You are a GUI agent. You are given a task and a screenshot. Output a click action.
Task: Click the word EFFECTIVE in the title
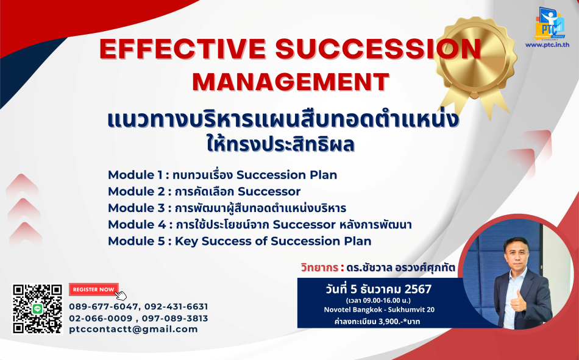(182, 49)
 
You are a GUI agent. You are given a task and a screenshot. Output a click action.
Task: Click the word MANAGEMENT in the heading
(291, 82)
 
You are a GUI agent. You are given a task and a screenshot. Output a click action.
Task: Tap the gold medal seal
(475, 65)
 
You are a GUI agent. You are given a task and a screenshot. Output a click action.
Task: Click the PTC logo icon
(550, 23)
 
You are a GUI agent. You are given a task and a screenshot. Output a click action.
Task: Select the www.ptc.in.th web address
(547, 44)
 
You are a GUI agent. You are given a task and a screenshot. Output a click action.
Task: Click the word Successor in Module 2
(269, 191)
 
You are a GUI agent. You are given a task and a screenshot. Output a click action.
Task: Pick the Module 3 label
(137, 208)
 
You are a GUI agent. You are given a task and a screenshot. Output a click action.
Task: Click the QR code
(37, 309)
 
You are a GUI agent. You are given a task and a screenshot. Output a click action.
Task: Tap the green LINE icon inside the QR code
(37, 309)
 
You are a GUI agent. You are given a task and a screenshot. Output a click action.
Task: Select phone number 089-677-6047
(104, 306)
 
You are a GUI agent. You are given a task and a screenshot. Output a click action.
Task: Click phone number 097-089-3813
(175, 319)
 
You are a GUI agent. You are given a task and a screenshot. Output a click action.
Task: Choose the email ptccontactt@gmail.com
(133, 330)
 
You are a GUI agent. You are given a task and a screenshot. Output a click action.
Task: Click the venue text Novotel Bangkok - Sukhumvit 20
(379, 309)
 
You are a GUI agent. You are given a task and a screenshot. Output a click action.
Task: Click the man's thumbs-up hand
(517, 302)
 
